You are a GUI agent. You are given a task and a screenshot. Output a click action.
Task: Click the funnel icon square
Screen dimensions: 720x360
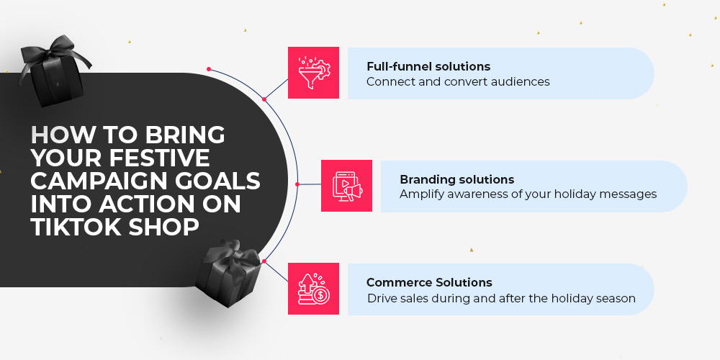(314, 73)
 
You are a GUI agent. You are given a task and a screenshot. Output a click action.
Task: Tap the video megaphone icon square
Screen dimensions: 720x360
(347, 186)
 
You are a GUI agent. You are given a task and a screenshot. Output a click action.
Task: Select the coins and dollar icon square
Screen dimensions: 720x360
(314, 289)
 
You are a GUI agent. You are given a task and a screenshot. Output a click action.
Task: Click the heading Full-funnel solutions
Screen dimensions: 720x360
(428, 66)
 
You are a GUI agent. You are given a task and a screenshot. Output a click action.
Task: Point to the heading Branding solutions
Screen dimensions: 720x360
(457, 179)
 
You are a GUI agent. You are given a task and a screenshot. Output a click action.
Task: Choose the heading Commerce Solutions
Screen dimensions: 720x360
(429, 282)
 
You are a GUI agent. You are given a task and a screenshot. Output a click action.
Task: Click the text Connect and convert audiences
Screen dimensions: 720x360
(458, 82)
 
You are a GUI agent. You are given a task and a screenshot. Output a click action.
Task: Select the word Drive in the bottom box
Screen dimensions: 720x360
(378, 299)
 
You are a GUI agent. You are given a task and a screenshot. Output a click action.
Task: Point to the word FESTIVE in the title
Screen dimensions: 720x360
(159, 158)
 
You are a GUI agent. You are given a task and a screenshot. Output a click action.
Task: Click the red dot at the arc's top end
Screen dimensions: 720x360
(209, 69)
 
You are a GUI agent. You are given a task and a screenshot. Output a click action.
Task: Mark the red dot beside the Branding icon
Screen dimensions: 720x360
(297, 184)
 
